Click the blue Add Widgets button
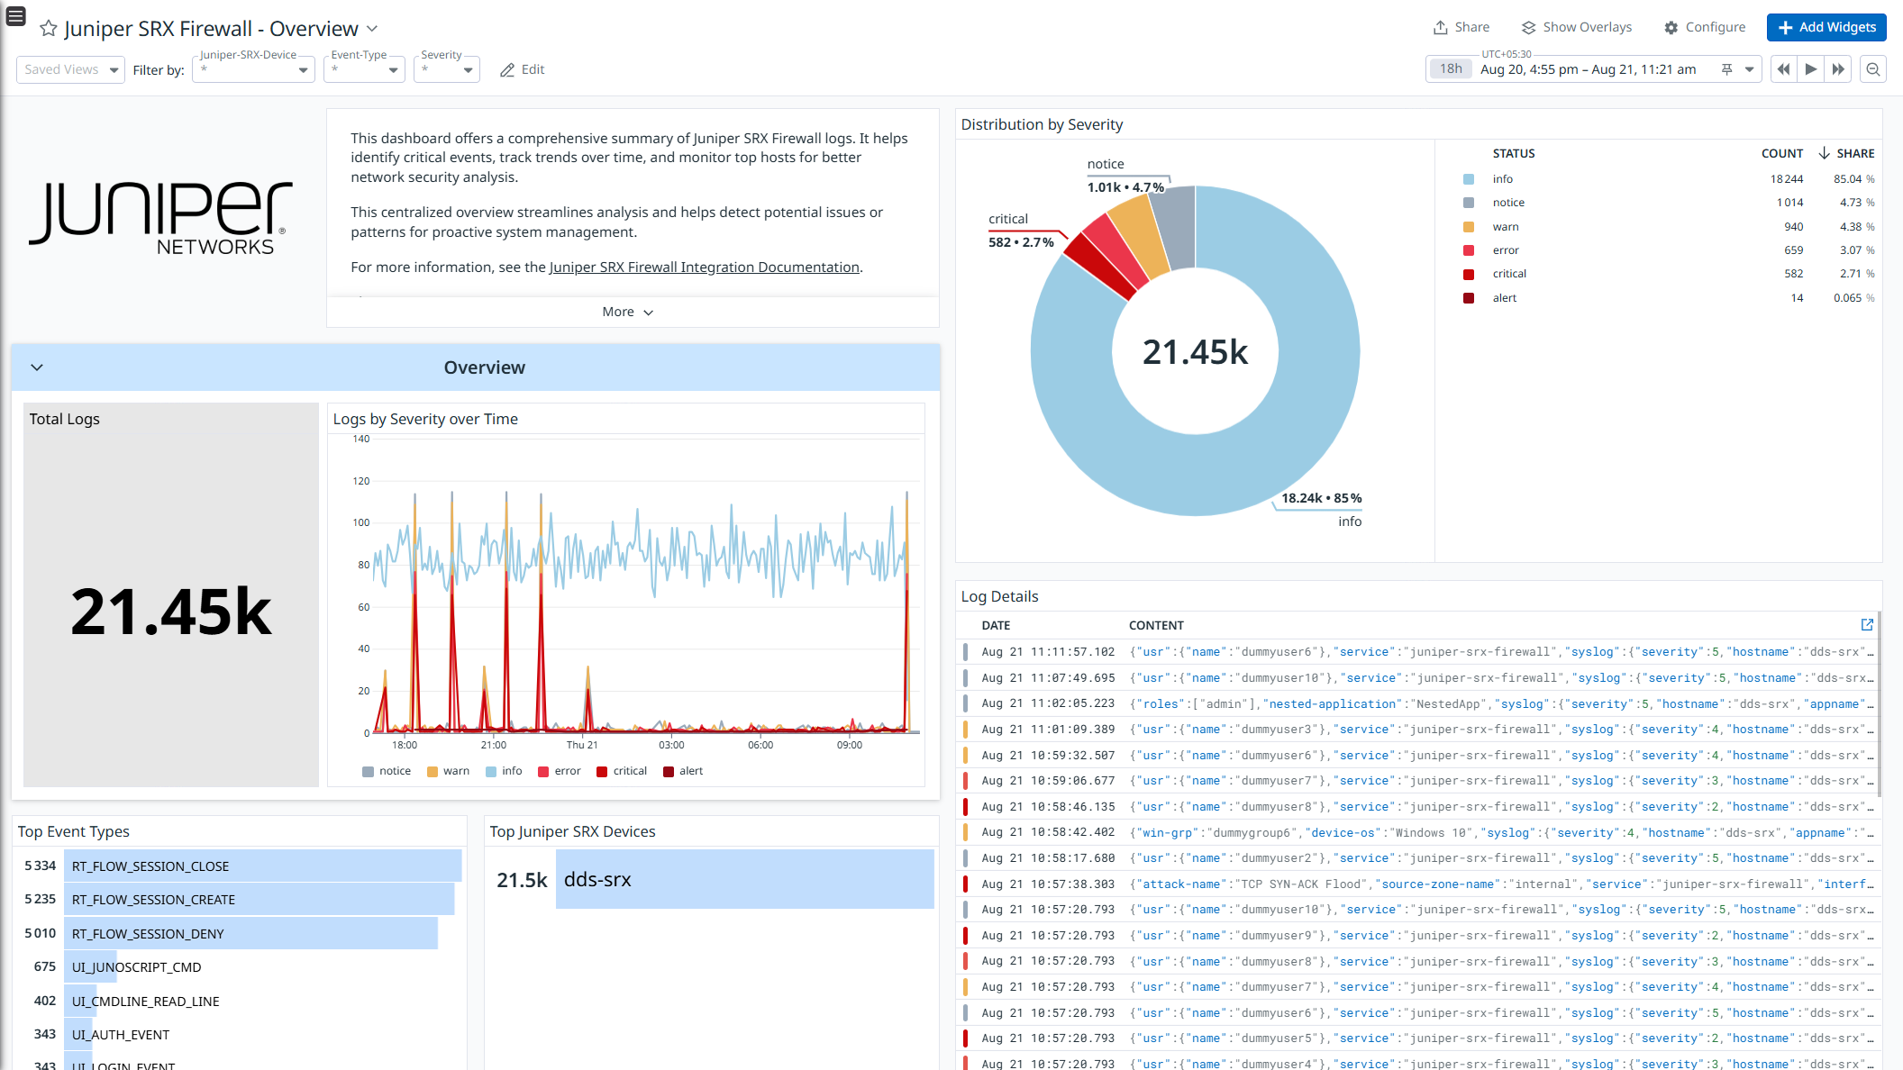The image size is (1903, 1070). pos(1826,27)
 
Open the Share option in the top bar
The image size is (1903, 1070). pos(1461,27)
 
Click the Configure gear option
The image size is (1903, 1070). pos(1705,27)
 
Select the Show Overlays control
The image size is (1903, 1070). pos(1577,27)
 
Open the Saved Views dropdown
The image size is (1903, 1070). pos(70,69)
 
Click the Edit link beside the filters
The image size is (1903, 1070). pos(523,69)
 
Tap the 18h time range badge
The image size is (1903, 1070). pos(1451,68)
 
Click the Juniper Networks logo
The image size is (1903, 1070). pos(160,217)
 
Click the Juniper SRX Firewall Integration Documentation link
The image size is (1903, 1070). pos(704,267)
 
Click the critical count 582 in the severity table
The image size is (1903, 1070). pos(1793,274)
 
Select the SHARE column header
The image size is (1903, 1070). pos(1855,153)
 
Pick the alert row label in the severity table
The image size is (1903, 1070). pos(1505,298)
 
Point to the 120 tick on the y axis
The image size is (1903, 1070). pos(360,481)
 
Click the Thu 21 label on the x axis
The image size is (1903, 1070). pos(582,745)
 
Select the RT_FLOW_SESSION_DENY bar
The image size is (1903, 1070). pos(250,933)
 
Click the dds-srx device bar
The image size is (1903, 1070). pos(744,879)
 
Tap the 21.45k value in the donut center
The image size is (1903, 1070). pos(1195,352)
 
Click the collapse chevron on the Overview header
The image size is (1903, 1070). pos(37,367)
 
